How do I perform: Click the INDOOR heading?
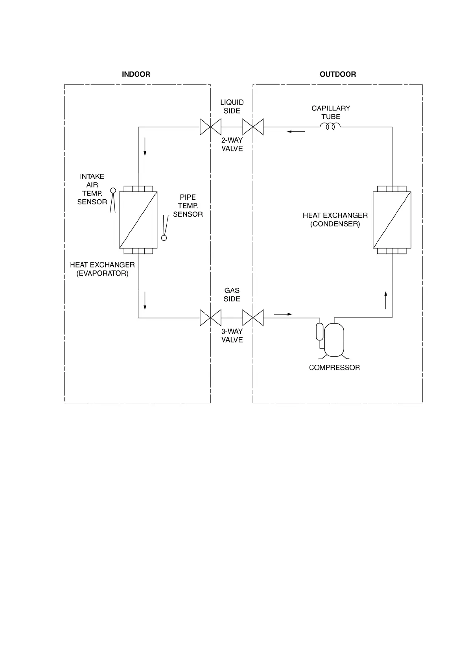(136, 74)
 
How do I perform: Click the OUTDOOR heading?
(337, 74)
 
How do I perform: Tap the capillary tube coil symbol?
(330, 126)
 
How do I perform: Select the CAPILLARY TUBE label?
(330, 112)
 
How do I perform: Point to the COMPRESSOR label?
(334, 368)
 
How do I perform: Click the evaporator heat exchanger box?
(138, 220)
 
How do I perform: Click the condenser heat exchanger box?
(392, 220)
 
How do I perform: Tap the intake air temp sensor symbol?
(113, 200)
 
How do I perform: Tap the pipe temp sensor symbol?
(164, 228)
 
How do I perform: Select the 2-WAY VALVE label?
(232, 144)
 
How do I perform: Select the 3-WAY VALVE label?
(232, 335)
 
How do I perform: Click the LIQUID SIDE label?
(232, 107)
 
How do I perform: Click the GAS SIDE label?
(232, 294)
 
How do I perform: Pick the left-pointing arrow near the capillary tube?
(296, 131)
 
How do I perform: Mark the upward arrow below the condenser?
(386, 300)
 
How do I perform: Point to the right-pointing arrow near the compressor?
(283, 314)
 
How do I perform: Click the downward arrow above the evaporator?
(145, 146)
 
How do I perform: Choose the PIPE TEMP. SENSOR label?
(188, 206)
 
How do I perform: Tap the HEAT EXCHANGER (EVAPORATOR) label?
(102, 269)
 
